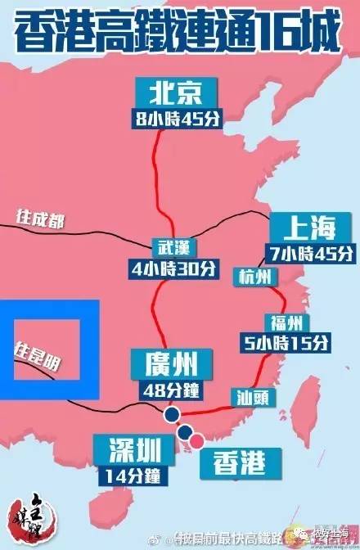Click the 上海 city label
pyautogui.click(x=304, y=225)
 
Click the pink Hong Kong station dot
pyautogui.click(x=196, y=442)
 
